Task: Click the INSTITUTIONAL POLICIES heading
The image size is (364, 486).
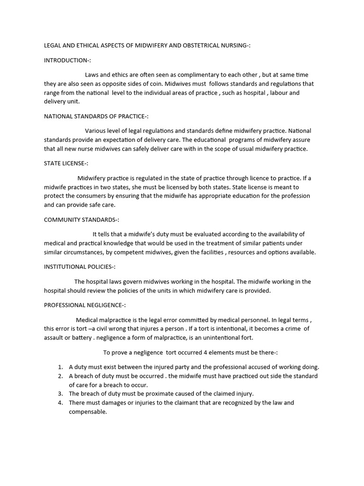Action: click(80, 267)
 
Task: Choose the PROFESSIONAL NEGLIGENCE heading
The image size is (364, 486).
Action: click(85, 305)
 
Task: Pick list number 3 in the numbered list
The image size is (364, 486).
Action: click(61, 393)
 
